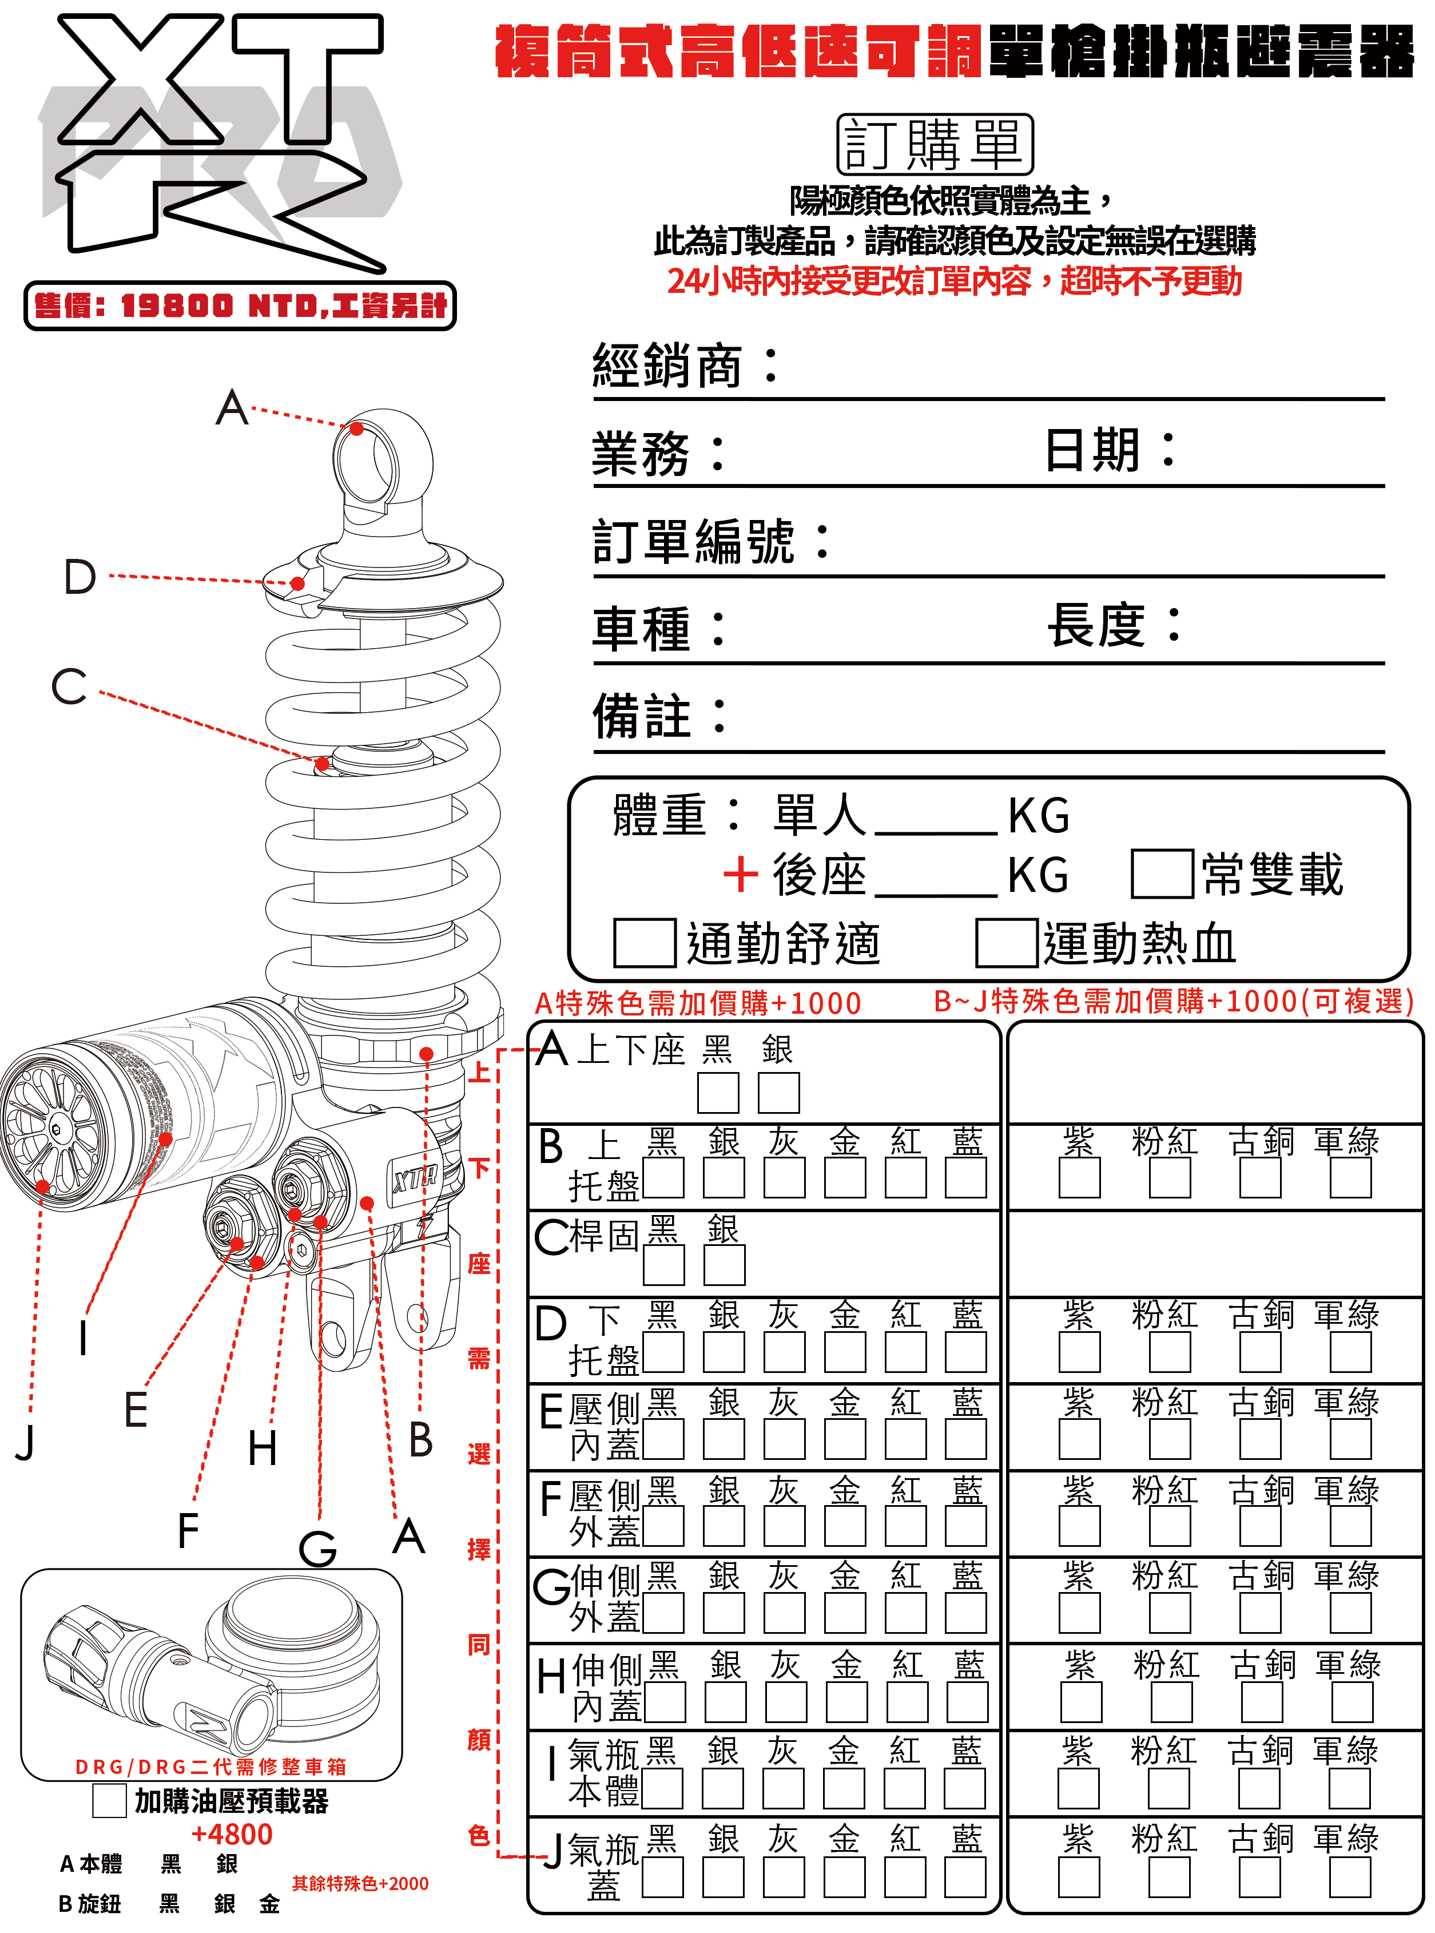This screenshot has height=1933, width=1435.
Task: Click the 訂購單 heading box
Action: (x=935, y=144)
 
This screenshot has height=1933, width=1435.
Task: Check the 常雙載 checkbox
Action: (x=1162, y=874)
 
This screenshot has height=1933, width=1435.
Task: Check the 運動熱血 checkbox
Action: (x=1006, y=943)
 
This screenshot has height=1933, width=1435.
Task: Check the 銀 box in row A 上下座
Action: (x=778, y=1093)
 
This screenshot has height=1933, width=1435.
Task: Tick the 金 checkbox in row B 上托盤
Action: (x=845, y=1179)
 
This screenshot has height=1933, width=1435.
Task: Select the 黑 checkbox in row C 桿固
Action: (x=663, y=1265)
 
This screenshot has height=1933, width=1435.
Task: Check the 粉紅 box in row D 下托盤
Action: (x=1169, y=1353)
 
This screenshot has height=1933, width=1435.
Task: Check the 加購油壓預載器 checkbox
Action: (x=109, y=1801)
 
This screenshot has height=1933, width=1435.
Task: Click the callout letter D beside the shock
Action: (x=80, y=577)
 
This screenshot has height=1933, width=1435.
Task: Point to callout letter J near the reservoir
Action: (x=25, y=1443)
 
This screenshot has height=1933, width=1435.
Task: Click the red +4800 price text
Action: (x=232, y=1834)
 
